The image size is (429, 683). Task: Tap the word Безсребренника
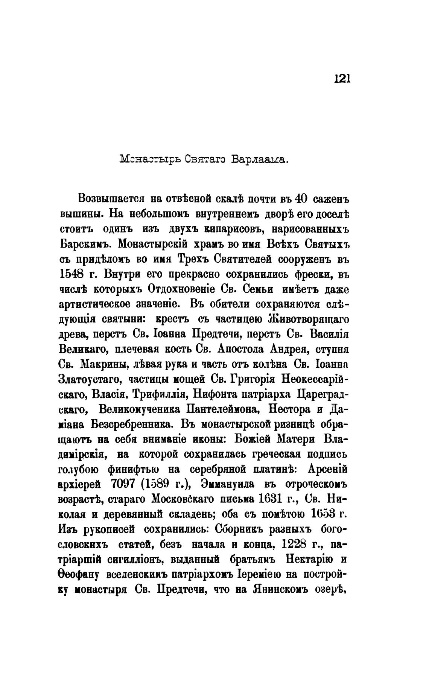132,424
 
